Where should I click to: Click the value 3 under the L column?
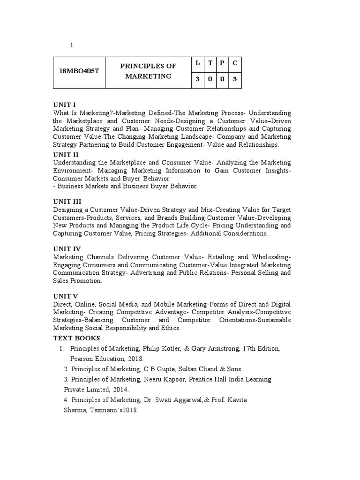[198, 79]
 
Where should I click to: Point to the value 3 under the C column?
[235, 79]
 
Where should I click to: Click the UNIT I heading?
[64, 105]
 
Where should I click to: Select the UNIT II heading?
[66, 154]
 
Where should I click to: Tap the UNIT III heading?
[67, 201]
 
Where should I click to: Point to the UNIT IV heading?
[67, 248]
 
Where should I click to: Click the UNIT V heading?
[66, 296]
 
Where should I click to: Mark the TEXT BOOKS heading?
[76, 338]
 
